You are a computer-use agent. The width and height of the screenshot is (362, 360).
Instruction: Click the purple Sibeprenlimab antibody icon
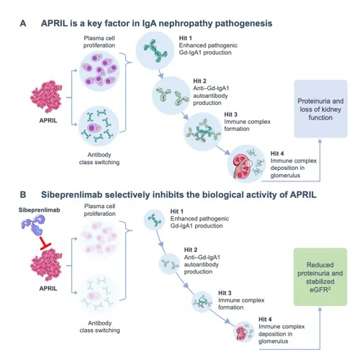click(x=33, y=225)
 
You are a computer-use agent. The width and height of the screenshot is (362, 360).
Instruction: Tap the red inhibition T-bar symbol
click(x=45, y=243)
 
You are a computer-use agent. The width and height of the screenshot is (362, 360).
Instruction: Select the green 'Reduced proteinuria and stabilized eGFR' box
click(x=320, y=277)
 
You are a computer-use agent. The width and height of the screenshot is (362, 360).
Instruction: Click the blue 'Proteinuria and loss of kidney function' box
click(x=320, y=109)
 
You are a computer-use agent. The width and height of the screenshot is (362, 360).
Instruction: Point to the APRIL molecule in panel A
click(x=46, y=96)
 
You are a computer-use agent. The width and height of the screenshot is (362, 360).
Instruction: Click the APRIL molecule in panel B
click(x=46, y=265)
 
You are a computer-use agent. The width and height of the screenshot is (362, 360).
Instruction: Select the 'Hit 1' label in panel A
click(x=186, y=38)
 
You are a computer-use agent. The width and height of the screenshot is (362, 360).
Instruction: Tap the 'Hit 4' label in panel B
click(x=265, y=319)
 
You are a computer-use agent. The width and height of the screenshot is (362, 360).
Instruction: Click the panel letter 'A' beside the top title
click(x=23, y=24)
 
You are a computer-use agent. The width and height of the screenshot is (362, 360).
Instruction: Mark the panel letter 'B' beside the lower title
click(x=23, y=194)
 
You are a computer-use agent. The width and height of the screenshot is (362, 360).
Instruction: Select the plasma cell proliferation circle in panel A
click(x=99, y=71)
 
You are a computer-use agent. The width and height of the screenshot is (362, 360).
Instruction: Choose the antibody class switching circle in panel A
click(x=99, y=126)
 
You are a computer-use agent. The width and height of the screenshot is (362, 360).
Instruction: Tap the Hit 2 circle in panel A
click(x=171, y=96)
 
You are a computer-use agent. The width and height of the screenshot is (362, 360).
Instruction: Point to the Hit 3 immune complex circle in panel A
click(x=203, y=132)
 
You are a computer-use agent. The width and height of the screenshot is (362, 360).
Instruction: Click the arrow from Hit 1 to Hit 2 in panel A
click(x=160, y=74)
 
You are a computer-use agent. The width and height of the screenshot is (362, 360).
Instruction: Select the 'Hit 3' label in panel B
click(x=225, y=293)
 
